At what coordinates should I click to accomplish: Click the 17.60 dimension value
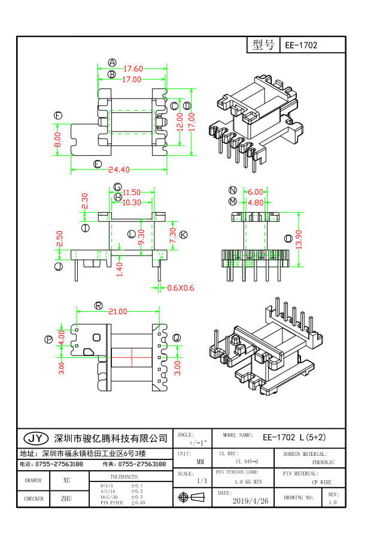(x=132, y=69)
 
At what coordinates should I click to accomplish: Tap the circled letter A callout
(x=112, y=63)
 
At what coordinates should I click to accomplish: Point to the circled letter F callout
(x=58, y=115)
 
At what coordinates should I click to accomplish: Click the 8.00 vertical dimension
(x=58, y=140)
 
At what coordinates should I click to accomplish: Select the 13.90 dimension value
(x=299, y=239)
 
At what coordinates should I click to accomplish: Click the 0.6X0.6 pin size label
(x=181, y=289)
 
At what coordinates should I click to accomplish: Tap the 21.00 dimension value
(x=117, y=311)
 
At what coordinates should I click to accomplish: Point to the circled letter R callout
(x=98, y=305)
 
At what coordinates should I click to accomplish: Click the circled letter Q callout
(x=177, y=337)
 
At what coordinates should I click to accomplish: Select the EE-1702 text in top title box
(x=301, y=45)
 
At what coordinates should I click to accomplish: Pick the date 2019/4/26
(x=250, y=501)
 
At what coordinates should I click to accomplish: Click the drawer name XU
(x=67, y=480)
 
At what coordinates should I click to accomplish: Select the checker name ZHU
(x=67, y=498)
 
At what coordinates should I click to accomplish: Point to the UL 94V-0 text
(x=247, y=462)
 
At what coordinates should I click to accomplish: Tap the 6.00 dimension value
(x=256, y=192)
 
